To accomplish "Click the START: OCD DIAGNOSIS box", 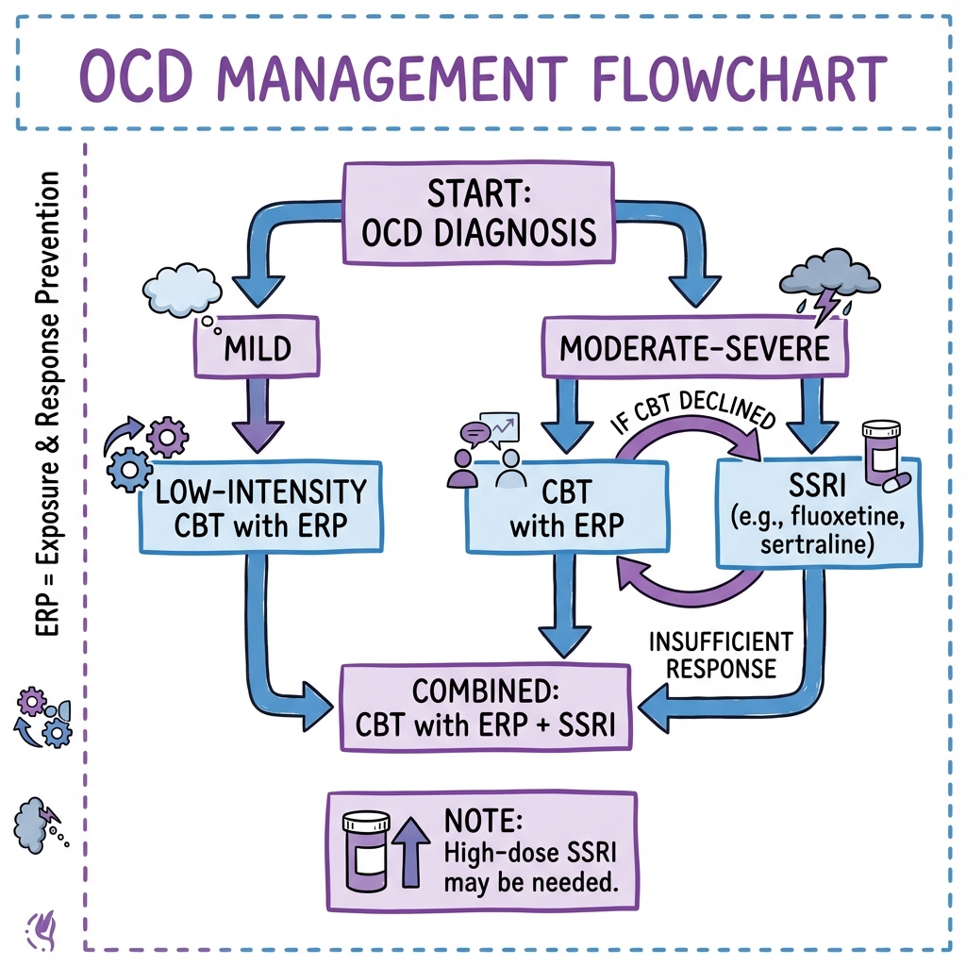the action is point(478,213).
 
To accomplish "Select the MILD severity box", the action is point(257,347).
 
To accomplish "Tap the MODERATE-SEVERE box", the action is point(694,347).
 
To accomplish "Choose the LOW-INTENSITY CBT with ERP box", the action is point(260,507).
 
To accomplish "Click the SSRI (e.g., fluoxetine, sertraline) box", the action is point(819,512).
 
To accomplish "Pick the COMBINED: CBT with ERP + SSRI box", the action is point(486,708).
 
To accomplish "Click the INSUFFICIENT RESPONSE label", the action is point(721,655).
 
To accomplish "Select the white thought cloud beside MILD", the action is point(183,290).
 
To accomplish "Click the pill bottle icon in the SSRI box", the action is point(883,454).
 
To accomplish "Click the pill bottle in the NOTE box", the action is point(366,852).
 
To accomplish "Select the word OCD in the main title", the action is point(136,78).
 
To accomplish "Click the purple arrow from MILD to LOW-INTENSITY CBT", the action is point(258,415).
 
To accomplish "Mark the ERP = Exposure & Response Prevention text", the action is point(47,404).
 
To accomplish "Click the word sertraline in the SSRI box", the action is point(817,545).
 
